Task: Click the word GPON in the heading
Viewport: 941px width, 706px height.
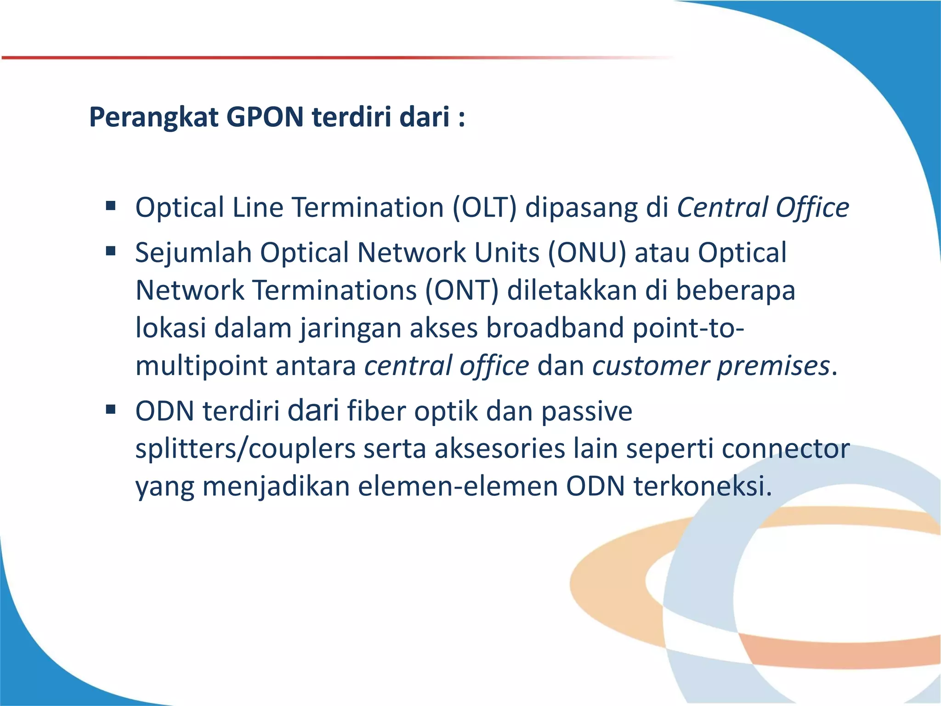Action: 265,117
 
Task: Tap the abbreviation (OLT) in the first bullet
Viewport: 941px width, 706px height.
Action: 484,208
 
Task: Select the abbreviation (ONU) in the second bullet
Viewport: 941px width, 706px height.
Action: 587,253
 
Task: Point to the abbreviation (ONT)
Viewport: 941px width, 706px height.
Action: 461,290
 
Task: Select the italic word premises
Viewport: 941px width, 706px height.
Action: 773,367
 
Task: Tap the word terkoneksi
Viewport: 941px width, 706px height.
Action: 703,486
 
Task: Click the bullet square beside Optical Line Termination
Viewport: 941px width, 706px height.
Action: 111,205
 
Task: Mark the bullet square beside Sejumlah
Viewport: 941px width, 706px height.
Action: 111,251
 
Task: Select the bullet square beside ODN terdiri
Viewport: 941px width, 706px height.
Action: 111,409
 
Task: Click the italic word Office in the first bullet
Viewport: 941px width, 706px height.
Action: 812,208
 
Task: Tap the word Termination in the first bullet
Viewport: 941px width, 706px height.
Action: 368,208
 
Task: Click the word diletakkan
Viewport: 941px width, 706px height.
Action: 572,290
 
